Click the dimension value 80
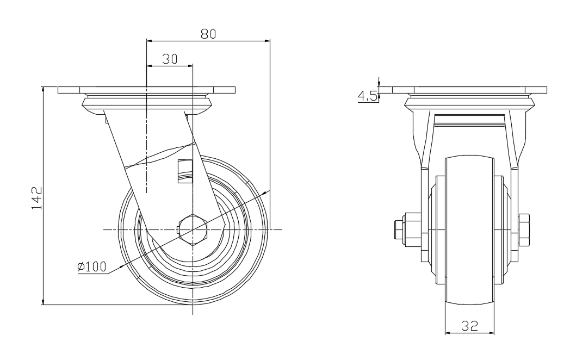click(208, 34)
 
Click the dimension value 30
click(170, 59)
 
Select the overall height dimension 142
click(37, 198)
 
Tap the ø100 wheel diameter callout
click(92, 267)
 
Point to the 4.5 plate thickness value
click(368, 96)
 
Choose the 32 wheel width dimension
click(469, 326)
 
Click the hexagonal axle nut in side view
click(193, 230)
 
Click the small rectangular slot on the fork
click(185, 171)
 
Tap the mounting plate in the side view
click(146, 90)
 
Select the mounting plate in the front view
click(470, 90)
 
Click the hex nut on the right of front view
click(524, 230)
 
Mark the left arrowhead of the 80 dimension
click(149, 41)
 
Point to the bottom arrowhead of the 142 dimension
click(44, 301)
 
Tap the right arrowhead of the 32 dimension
click(491, 333)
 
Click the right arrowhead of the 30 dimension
click(190, 66)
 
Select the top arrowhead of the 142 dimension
click(44, 90)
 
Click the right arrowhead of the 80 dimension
click(267, 41)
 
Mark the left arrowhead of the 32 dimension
click(448, 333)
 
